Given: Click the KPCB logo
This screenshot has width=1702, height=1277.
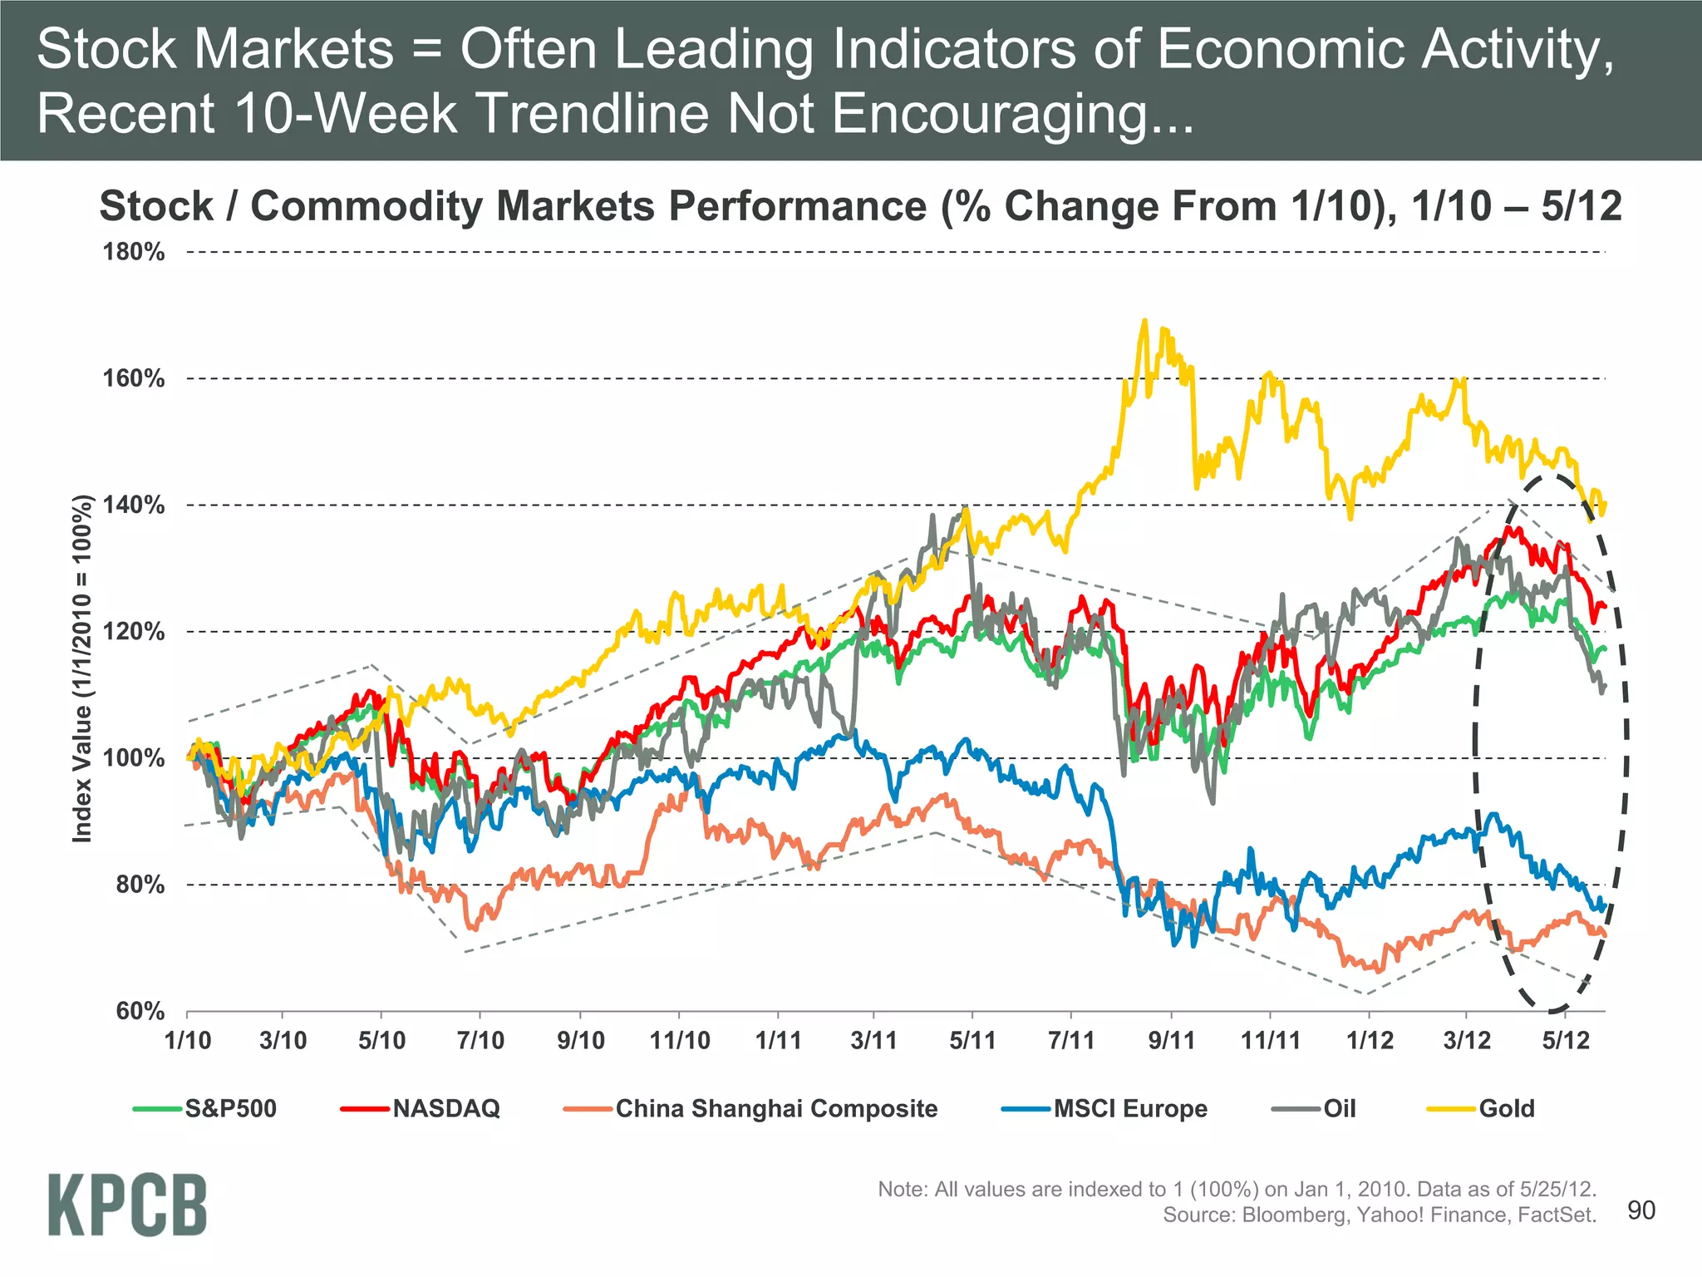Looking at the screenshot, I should click(x=127, y=1205).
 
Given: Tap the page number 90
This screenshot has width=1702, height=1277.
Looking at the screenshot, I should click(x=1641, y=1210).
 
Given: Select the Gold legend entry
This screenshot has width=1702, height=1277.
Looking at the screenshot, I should click(x=1506, y=1108).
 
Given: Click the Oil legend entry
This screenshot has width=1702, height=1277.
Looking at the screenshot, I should click(x=1339, y=1108).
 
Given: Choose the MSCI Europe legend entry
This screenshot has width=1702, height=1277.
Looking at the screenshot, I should click(x=1129, y=1108).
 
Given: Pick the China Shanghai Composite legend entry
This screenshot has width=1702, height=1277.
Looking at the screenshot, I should click(x=775, y=1108).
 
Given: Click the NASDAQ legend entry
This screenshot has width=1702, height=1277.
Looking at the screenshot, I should click(x=445, y=1108).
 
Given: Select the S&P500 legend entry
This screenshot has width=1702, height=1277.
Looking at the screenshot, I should click(x=230, y=1108).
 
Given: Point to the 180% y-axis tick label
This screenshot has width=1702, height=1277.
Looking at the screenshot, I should click(x=134, y=252).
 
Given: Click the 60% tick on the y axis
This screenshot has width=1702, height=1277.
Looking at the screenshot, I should click(x=140, y=1012).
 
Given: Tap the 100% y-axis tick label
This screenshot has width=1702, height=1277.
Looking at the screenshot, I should click(x=134, y=758).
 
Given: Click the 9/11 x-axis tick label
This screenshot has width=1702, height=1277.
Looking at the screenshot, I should click(x=1171, y=1040).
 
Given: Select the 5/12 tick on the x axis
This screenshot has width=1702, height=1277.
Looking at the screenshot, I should click(x=1566, y=1040).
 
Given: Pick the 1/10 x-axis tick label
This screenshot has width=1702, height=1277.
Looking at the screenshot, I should click(x=188, y=1040).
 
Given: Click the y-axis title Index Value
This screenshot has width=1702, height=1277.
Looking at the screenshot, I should click(x=81, y=669).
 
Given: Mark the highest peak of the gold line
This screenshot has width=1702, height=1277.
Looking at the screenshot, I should click(x=1145, y=320).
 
